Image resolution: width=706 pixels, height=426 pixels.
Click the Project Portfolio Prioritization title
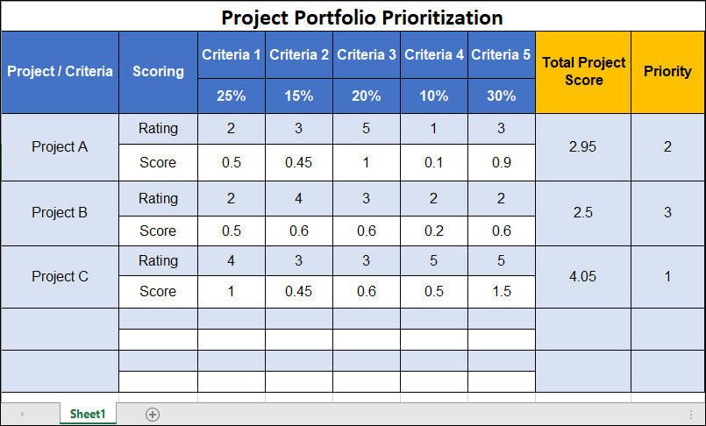click(361, 17)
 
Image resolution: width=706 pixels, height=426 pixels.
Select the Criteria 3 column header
click(367, 54)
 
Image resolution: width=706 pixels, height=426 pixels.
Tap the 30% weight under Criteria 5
click(501, 96)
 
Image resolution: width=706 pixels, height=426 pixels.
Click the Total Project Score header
click(584, 72)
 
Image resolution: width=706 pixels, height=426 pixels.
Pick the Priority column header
click(667, 72)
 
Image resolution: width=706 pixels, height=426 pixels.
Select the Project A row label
click(60, 147)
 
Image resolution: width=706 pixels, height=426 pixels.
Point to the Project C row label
click(60, 277)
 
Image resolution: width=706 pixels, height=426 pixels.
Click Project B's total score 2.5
click(582, 213)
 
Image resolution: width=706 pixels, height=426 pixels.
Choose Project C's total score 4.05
click(582, 277)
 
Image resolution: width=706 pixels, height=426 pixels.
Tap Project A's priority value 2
click(667, 147)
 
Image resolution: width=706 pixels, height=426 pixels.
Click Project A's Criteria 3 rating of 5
click(367, 129)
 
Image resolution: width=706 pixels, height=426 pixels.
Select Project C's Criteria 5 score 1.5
click(501, 292)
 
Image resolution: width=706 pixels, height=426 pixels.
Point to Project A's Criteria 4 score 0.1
click(433, 162)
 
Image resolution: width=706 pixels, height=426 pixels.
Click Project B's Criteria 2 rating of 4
click(299, 198)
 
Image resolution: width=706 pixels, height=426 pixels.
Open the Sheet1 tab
click(88, 414)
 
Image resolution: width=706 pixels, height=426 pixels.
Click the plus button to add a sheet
click(153, 414)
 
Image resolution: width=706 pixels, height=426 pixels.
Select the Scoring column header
click(158, 72)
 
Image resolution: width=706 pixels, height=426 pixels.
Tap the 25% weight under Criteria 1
click(232, 96)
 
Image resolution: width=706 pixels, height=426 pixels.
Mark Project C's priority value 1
click(667, 277)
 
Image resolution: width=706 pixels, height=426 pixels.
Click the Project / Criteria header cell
click(60, 72)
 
